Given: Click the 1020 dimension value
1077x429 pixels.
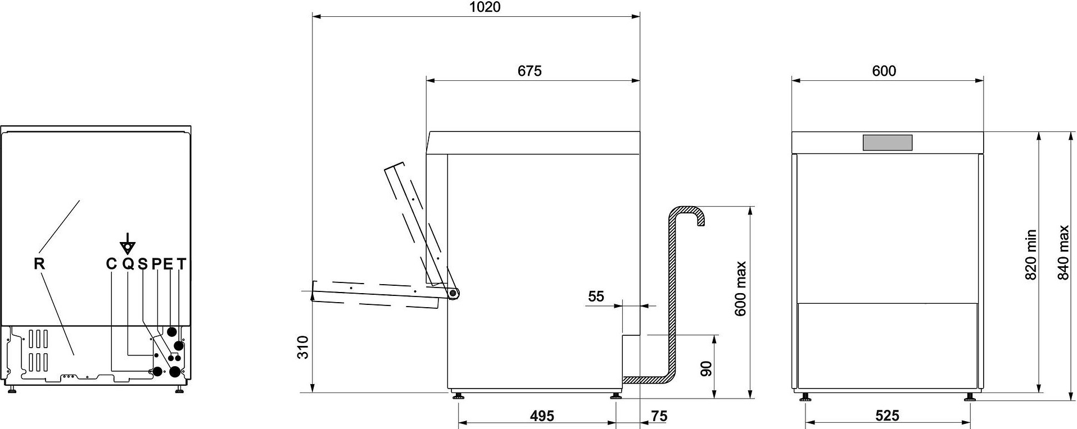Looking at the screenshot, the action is point(485,7).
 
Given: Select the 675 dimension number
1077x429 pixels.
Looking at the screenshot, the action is point(530,71).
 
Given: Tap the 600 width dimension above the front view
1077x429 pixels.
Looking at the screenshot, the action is point(884,71).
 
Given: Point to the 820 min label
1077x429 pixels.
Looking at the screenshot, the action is point(1031,255).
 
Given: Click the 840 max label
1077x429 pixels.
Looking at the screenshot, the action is point(1064,253).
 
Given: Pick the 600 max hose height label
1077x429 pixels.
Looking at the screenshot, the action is point(740,289).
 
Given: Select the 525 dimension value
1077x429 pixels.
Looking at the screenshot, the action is point(888,416).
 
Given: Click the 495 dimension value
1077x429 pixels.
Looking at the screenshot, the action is point(542,416).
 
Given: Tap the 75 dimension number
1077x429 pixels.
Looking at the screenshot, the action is point(659,416).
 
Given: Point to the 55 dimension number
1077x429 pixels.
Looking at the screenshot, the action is point(596,296).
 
